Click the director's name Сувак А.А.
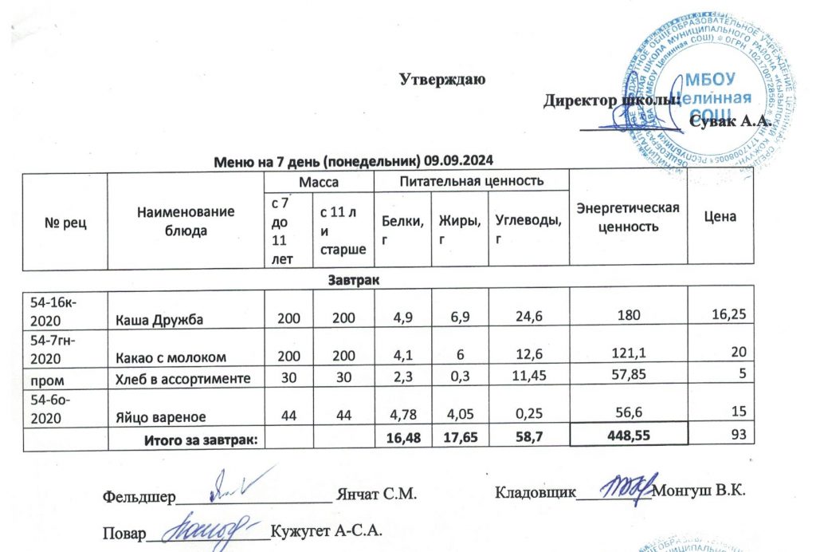coord(729,121)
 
